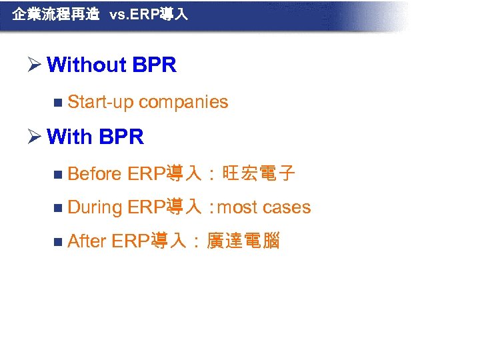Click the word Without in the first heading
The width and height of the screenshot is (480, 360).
[x=87, y=65]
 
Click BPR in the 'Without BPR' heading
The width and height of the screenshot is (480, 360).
[x=154, y=65]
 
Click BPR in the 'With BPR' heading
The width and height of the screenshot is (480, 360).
[x=121, y=137]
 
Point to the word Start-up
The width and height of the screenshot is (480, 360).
[x=101, y=102]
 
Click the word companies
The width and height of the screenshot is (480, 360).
[x=183, y=102]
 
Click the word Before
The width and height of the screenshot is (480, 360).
[x=95, y=174]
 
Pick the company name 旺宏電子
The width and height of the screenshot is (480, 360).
[x=258, y=174]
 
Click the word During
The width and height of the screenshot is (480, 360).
[x=95, y=207]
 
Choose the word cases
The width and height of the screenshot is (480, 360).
[x=287, y=207]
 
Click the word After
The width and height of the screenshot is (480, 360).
[x=87, y=241]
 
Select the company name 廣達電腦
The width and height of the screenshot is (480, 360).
[x=243, y=241]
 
